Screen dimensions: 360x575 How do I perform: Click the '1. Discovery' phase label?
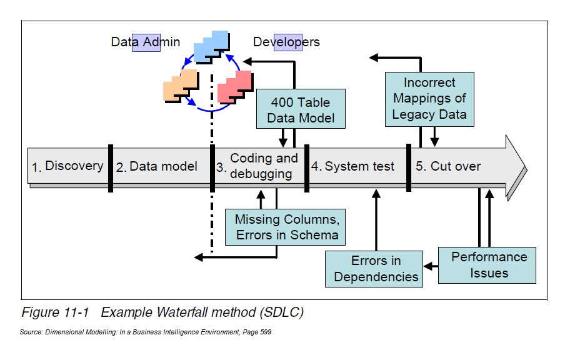[x=68, y=166]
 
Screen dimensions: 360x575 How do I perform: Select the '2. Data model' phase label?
[x=157, y=166]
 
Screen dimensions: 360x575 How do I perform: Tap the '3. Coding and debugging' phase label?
[x=258, y=166]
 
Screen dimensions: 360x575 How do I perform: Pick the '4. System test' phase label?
[x=354, y=166]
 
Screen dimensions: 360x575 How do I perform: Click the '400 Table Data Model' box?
[x=301, y=109]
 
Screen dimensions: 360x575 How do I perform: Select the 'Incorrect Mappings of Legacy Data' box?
[x=429, y=99]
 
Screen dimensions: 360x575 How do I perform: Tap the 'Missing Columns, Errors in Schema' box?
[x=287, y=227]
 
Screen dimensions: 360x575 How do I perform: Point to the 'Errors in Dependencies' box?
[x=376, y=269]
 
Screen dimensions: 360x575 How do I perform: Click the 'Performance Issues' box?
[x=489, y=265]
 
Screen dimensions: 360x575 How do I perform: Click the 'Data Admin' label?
[x=146, y=42]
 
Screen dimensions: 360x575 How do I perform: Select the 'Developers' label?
[x=286, y=42]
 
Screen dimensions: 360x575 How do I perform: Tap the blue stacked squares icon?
[x=211, y=46]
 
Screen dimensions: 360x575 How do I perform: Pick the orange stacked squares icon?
[x=180, y=86]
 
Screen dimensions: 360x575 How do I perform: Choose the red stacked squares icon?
[x=235, y=87]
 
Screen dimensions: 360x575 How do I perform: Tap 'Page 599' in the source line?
[x=257, y=332]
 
